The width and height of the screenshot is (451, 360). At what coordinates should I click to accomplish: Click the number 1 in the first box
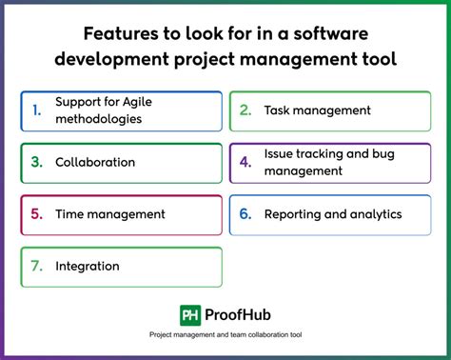(x=36, y=110)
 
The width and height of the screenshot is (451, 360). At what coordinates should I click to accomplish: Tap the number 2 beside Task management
(x=245, y=110)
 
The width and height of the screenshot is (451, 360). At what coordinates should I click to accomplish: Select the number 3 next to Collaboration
(x=36, y=162)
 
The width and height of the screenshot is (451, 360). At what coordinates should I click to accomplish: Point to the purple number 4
(x=245, y=162)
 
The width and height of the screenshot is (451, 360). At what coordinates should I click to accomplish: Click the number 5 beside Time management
(x=36, y=214)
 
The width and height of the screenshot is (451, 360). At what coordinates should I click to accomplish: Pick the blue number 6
(x=245, y=214)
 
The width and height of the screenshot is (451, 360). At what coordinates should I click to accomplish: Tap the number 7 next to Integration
(x=36, y=267)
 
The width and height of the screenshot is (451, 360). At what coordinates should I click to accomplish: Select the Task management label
(x=317, y=110)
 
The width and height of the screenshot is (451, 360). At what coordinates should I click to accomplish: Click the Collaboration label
(x=95, y=162)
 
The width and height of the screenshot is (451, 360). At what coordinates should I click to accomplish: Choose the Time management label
(x=110, y=214)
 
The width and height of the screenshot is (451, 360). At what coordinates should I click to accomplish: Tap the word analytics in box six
(x=375, y=214)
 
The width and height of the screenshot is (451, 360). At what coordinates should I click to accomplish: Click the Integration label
(x=88, y=267)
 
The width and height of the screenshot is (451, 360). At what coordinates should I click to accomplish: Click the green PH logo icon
(x=189, y=314)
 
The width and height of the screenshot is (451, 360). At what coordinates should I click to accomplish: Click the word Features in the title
(x=121, y=34)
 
